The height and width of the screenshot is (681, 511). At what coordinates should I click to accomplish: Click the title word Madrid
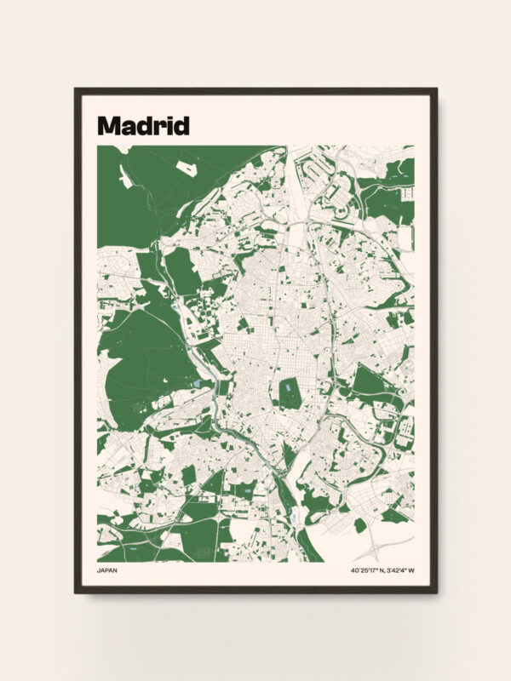pyautogui.click(x=143, y=125)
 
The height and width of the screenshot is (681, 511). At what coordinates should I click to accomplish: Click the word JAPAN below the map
pyautogui.click(x=108, y=570)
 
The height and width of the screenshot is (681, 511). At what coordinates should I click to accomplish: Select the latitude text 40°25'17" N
pyautogui.click(x=367, y=570)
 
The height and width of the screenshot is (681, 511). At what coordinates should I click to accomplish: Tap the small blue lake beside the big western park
pyautogui.click(x=198, y=385)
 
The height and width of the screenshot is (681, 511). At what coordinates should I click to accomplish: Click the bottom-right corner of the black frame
pyautogui.click(x=435, y=591)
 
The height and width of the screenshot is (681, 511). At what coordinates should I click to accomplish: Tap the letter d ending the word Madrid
pyautogui.click(x=181, y=125)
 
